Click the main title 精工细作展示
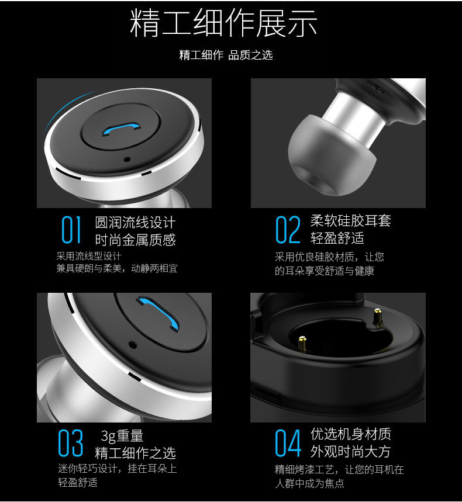tap(223, 23)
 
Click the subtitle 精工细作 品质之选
tap(226, 55)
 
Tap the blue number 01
tap(71, 229)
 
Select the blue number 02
tap(288, 229)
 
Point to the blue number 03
tap(71, 443)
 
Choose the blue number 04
tap(288, 443)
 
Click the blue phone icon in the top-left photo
tap(121, 129)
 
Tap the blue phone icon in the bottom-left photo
tap(158, 313)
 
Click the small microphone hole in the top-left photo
tap(127, 159)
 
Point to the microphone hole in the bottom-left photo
tap(133, 345)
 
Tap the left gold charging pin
tap(302, 343)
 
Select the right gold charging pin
tap(377, 317)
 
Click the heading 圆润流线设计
tap(135, 222)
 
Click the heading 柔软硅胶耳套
tap(350, 220)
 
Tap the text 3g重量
tap(122, 436)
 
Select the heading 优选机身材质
tap(350, 434)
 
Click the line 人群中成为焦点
tap(309, 483)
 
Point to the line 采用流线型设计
tap(89, 256)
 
